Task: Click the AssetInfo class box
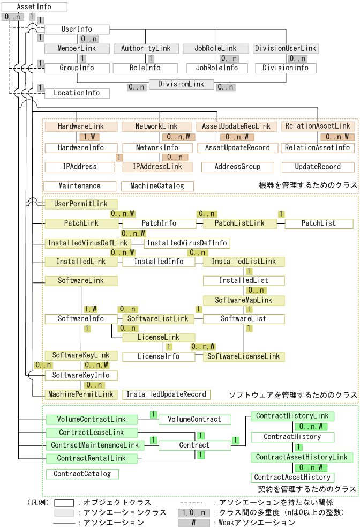click(x=34, y=7)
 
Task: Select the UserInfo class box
click(x=77, y=29)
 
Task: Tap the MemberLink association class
click(x=77, y=49)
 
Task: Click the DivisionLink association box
click(x=181, y=84)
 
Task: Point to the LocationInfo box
click(x=77, y=93)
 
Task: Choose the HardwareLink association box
click(x=81, y=126)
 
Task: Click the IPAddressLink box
click(x=157, y=167)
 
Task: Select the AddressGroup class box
click(x=237, y=167)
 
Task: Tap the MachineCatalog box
click(x=157, y=186)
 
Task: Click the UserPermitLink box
click(x=81, y=204)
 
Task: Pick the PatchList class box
click(x=319, y=223)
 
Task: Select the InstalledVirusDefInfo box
click(x=186, y=243)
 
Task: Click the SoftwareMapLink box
click(x=243, y=300)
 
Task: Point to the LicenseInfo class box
click(x=159, y=356)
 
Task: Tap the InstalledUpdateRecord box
click(x=166, y=394)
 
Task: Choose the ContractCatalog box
click(x=82, y=474)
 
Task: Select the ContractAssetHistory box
click(x=292, y=478)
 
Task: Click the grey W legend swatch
click(x=194, y=523)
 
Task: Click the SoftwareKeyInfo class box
click(x=81, y=375)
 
